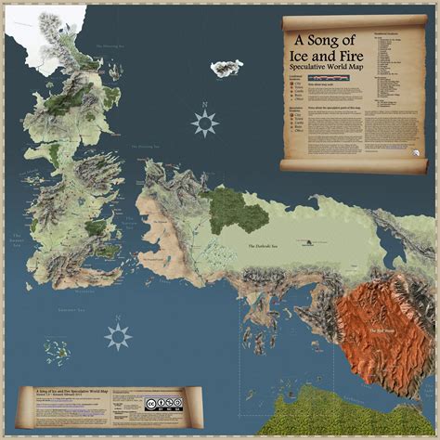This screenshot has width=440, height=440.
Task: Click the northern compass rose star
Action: click(x=204, y=122)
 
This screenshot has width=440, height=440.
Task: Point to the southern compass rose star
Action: click(x=118, y=336)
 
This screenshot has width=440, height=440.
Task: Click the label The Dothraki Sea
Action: click(x=265, y=246)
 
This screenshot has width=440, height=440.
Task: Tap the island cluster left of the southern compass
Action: click(x=60, y=351)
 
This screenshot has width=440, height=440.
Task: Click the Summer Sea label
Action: click(x=71, y=306)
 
